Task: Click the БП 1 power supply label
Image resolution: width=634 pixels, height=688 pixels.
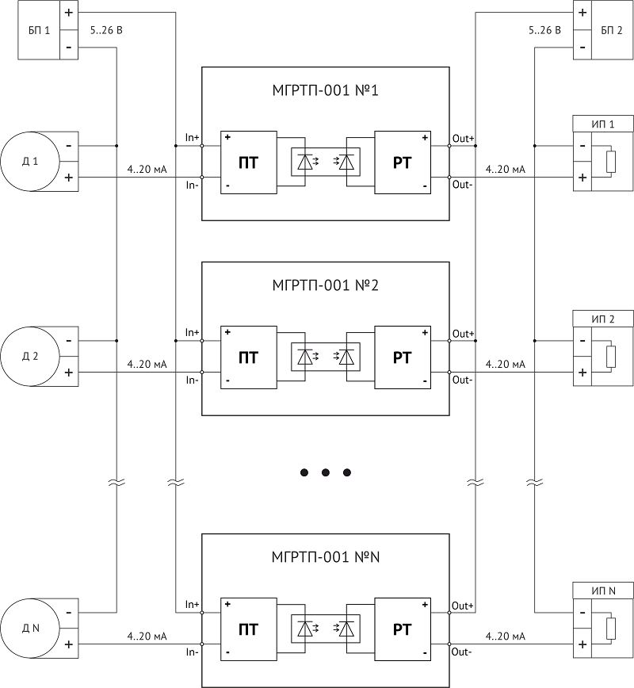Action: pyautogui.click(x=39, y=30)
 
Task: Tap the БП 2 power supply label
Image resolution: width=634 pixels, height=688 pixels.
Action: pyautogui.click(x=612, y=30)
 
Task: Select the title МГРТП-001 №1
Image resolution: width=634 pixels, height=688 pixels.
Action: pyautogui.click(x=325, y=90)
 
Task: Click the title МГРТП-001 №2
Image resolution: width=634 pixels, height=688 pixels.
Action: pyautogui.click(x=325, y=285)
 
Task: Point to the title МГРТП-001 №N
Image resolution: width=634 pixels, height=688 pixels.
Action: pyautogui.click(x=325, y=557)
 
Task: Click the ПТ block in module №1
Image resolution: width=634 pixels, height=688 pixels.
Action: pyautogui.click(x=249, y=162)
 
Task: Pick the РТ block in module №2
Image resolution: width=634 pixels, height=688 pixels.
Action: pyautogui.click(x=403, y=357)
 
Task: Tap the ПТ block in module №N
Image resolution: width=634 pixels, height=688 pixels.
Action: pyautogui.click(x=249, y=629)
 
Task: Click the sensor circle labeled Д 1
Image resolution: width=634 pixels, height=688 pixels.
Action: pyautogui.click(x=30, y=162)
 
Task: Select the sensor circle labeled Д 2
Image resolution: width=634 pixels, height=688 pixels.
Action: pyautogui.click(x=30, y=357)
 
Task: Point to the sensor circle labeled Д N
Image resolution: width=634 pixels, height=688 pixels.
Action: pyautogui.click(x=30, y=629)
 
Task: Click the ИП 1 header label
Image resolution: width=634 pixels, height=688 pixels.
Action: pyautogui.click(x=603, y=124)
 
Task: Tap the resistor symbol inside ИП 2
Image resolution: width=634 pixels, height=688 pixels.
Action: pyautogui.click(x=611, y=357)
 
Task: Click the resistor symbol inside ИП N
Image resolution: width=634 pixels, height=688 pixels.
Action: pyautogui.click(x=611, y=629)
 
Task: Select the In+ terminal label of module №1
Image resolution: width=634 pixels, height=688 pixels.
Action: pyautogui.click(x=192, y=137)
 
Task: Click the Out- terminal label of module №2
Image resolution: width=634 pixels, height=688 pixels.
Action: pyautogui.click(x=463, y=380)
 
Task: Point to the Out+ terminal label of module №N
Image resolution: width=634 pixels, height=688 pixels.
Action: pyautogui.click(x=463, y=606)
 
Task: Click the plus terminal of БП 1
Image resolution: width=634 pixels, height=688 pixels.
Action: pyautogui.click(x=69, y=13)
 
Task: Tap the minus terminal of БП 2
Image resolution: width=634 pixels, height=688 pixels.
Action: pyautogui.click(x=582, y=47)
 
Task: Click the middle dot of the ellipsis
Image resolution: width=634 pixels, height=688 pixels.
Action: pyautogui.click(x=326, y=472)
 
